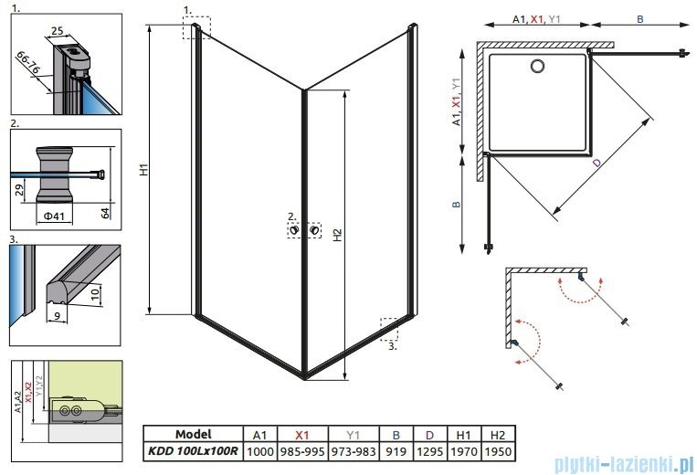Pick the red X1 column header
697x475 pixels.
coord(311,435)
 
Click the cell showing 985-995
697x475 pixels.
coord(311,451)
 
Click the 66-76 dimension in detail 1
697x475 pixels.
coord(28,66)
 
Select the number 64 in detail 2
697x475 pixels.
coord(105,213)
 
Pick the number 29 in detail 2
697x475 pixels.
coord(19,190)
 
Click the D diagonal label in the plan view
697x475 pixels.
coord(596,163)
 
